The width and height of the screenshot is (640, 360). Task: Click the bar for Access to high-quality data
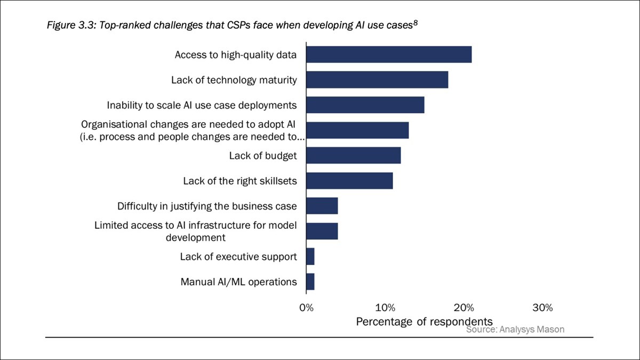[x=389, y=54]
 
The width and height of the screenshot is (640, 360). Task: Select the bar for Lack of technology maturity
[x=377, y=80]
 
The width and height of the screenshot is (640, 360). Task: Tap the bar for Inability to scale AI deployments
[x=365, y=105]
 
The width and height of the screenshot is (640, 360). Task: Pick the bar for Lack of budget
[x=354, y=155]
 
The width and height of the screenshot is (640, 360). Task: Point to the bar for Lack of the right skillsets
[x=349, y=181]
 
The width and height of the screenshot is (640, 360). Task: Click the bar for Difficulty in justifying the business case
[x=322, y=206]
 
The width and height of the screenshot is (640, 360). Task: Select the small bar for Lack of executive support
[x=310, y=257]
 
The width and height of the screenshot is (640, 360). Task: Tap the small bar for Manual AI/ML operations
[x=310, y=282]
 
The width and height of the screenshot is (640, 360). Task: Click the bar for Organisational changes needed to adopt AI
[x=357, y=130]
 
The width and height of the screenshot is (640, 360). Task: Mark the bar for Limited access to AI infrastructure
[x=322, y=231]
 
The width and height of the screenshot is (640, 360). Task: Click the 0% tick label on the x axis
[x=306, y=308]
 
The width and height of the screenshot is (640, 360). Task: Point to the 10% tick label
[x=385, y=308]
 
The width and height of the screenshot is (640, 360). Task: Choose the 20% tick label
[x=464, y=308]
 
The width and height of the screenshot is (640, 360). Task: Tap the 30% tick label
[x=543, y=308]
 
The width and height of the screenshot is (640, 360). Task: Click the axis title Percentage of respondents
[x=424, y=322]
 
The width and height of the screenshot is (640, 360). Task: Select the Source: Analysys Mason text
[x=515, y=330]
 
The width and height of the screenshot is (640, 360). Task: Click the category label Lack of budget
[x=263, y=156]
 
